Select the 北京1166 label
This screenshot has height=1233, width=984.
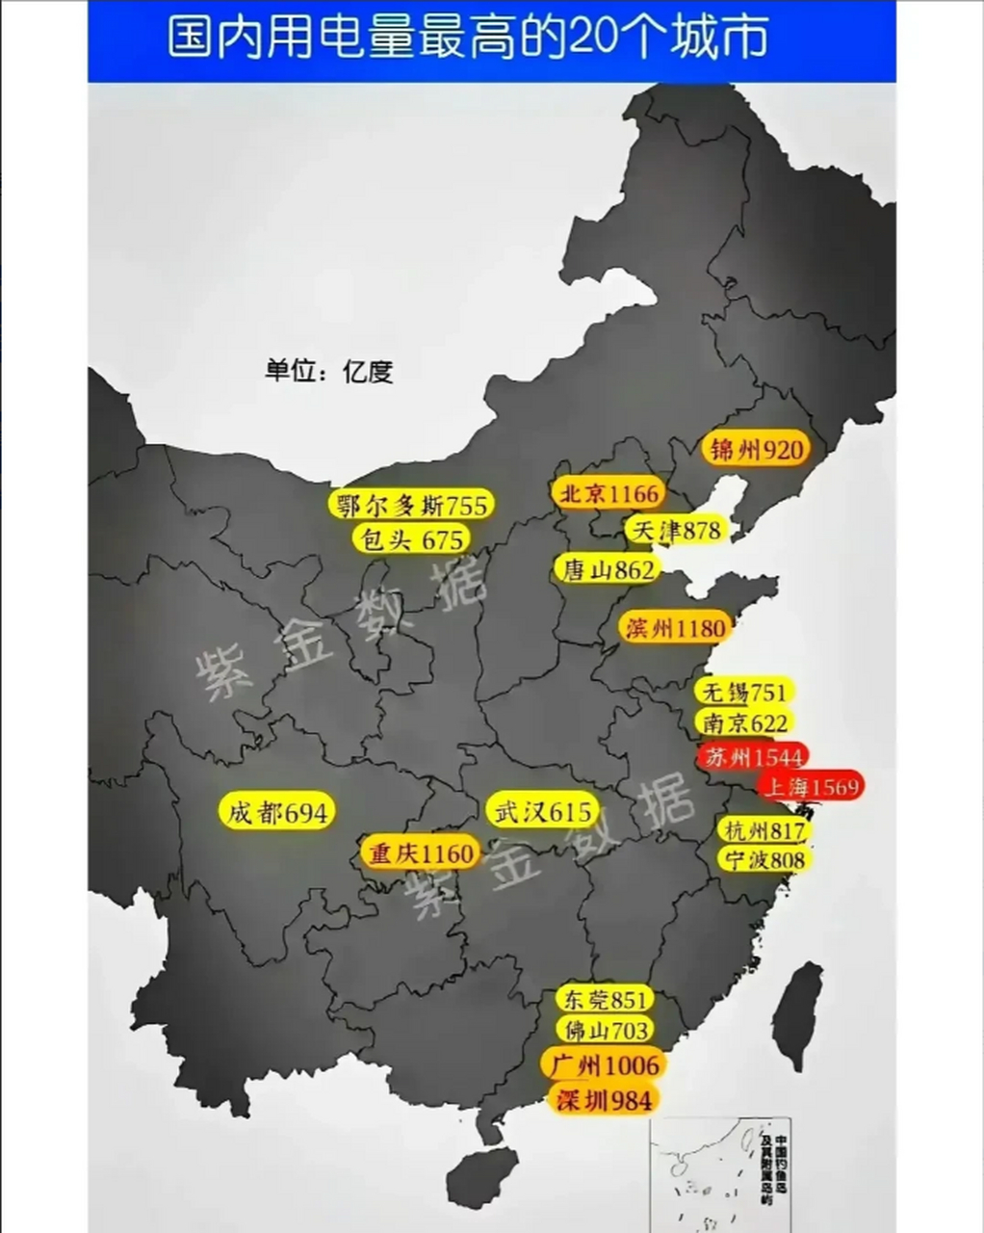[609, 494]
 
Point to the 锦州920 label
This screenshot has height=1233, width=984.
[756, 449]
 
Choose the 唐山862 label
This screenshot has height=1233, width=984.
[607, 569]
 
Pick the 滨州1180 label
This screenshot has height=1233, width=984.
[674, 629]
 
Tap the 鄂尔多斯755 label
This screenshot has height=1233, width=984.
[411, 504]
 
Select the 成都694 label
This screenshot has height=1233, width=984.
[277, 812]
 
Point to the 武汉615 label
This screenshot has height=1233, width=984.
[542, 811]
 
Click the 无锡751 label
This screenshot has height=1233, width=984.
[744, 693]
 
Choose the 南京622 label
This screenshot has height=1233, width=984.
[744, 722]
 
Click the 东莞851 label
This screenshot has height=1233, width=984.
[605, 999]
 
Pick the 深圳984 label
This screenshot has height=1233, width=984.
[604, 1100]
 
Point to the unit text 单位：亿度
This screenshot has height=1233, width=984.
[329, 371]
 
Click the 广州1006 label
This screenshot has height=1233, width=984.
[604, 1064]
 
